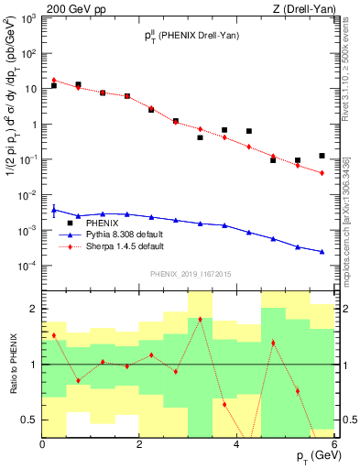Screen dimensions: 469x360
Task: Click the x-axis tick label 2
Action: (x=139, y=444)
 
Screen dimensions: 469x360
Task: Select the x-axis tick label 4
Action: (x=236, y=444)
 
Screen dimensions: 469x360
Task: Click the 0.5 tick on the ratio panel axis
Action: (x=31, y=420)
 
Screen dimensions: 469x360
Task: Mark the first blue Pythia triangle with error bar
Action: (x=54, y=210)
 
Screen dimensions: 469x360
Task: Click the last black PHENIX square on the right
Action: (x=322, y=156)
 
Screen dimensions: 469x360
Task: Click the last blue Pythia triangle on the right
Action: (x=322, y=251)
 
